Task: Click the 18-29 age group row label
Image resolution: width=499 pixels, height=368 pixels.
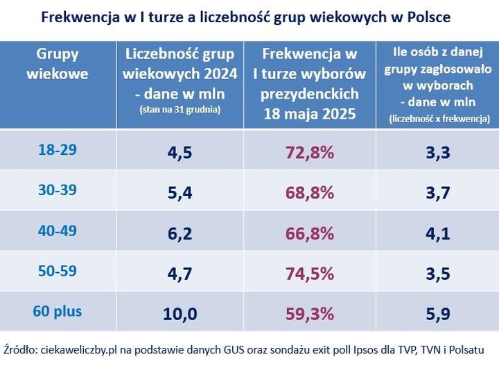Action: [x=58, y=149]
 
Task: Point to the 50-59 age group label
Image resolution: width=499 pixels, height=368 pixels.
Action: [x=58, y=272]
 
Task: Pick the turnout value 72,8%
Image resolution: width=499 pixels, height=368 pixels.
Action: [x=310, y=152]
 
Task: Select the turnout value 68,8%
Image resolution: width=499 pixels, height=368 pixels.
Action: [x=310, y=193]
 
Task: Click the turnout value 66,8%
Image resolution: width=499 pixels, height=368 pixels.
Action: [x=310, y=233]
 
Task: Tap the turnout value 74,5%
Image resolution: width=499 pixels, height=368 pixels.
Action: [x=310, y=274]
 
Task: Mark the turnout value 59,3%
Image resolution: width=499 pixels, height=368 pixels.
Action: [x=310, y=314]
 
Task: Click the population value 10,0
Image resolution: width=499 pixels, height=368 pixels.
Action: [x=180, y=314]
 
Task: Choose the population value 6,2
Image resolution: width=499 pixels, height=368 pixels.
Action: [x=180, y=233]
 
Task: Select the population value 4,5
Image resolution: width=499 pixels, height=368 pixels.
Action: [x=180, y=152]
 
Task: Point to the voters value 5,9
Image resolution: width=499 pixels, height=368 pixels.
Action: [x=436, y=314]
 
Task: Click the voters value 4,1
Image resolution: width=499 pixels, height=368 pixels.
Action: [x=436, y=233]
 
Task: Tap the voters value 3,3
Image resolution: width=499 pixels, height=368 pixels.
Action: [x=436, y=152]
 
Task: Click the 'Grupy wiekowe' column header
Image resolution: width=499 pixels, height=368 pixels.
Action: [x=57, y=64]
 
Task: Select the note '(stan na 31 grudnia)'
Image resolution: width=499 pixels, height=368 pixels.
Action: [x=180, y=109]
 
